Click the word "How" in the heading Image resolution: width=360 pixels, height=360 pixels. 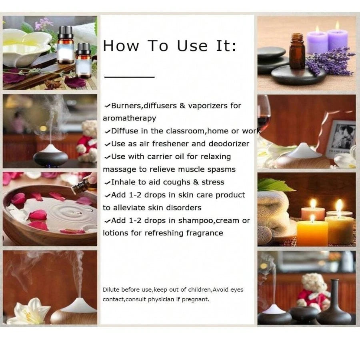click(x=121, y=46)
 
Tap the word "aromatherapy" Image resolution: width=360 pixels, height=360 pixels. click(x=130, y=118)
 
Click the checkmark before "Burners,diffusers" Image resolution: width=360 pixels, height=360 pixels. click(x=107, y=106)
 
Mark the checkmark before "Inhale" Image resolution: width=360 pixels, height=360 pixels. click(x=107, y=183)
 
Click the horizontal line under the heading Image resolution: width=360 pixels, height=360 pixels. click(x=130, y=77)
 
